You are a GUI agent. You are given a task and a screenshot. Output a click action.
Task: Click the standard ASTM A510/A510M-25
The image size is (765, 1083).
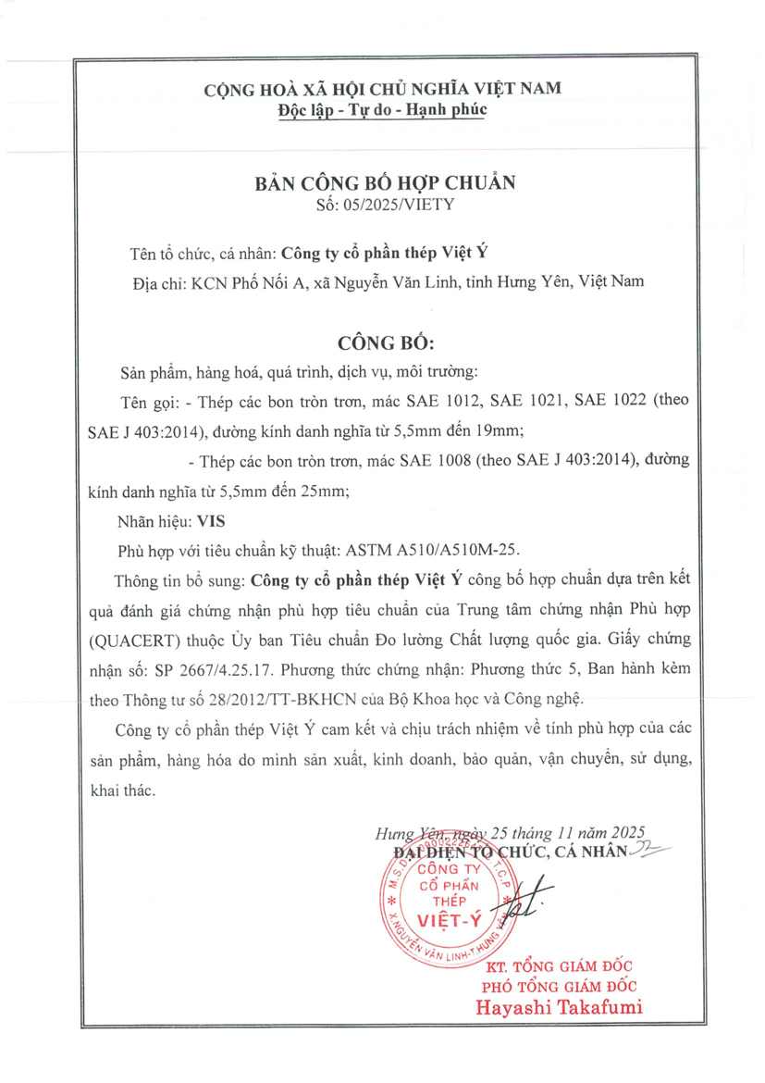tap(428, 550)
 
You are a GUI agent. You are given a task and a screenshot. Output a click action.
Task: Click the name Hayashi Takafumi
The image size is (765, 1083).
tap(559, 1007)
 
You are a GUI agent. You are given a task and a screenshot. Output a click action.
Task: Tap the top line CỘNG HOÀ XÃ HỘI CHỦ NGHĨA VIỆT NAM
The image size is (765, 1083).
tap(383, 89)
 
